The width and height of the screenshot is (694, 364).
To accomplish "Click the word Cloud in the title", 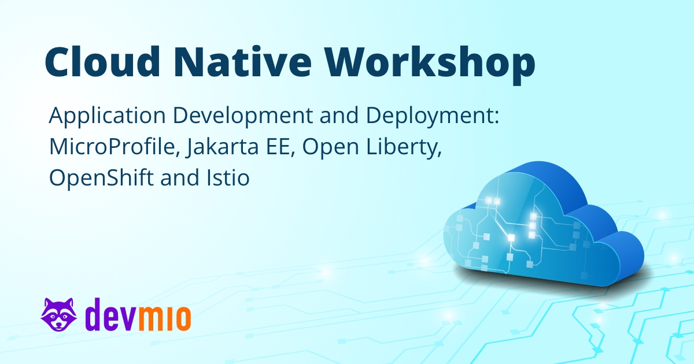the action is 102,61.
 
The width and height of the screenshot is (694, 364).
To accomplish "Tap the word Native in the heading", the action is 242,61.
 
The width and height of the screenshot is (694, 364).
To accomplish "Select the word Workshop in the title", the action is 430,65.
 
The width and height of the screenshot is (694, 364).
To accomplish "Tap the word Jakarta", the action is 223,148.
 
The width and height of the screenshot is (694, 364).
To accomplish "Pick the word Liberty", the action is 404,148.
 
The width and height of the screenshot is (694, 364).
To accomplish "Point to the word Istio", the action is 228,177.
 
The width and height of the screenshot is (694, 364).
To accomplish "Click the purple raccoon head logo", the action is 58,314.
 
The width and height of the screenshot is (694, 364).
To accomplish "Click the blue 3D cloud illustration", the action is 544,224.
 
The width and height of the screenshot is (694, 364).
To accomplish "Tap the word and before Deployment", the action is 339,116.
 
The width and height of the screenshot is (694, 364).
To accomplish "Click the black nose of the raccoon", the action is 58,324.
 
